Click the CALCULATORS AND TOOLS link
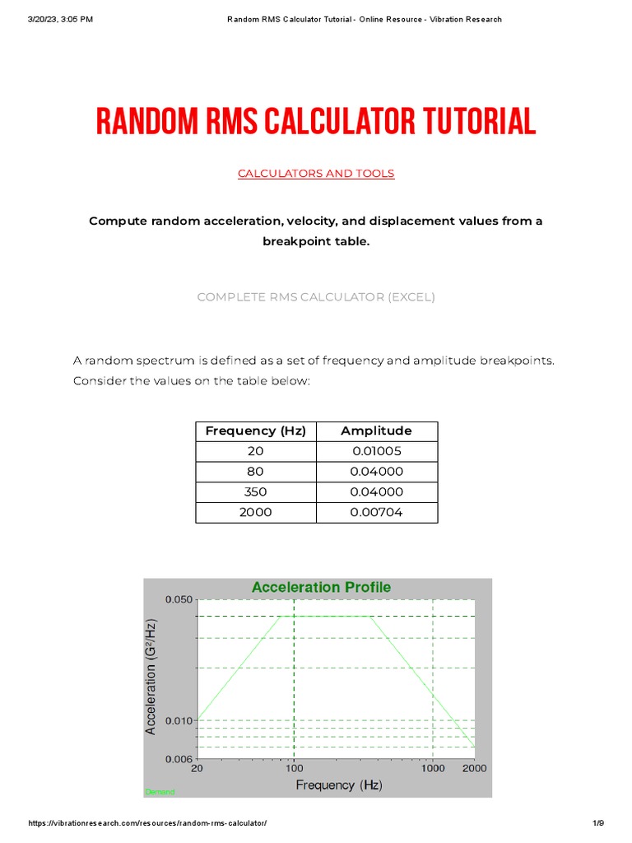(316, 173)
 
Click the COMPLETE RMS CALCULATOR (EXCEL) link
(316, 296)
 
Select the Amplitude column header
(376, 431)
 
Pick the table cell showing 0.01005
(376, 451)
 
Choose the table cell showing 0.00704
(376, 512)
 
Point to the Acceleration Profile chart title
(321, 587)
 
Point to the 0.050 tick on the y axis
(179, 599)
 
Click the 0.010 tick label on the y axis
(179, 720)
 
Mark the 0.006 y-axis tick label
(179, 757)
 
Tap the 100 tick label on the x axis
(294, 768)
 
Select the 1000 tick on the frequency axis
(433, 768)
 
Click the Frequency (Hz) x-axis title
(339, 785)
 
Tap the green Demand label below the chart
(160, 792)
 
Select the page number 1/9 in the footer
(598, 823)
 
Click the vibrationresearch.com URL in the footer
(148, 823)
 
